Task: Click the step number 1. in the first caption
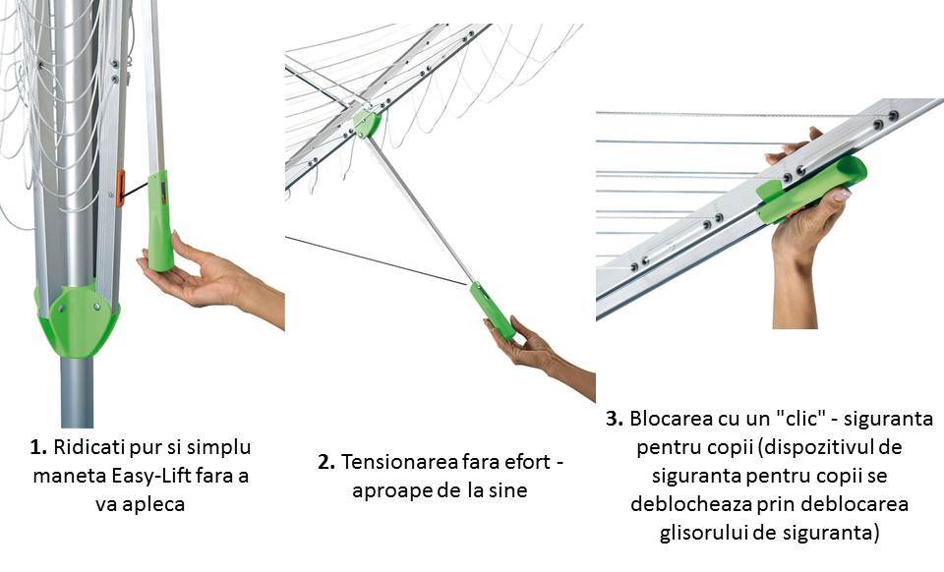(x=39, y=447)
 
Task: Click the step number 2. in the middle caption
(x=326, y=462)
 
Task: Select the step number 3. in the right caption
(x=615, y=419)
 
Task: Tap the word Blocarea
(x=670, y=419)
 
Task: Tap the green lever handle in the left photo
(x=159, y=221)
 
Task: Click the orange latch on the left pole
(x=120, y=188)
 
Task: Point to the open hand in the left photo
(x=202, y=275)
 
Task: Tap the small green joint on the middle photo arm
(x=367, y=123)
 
